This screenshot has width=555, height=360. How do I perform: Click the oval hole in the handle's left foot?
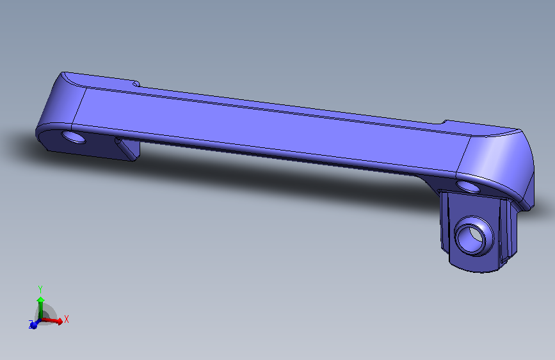point(74,137)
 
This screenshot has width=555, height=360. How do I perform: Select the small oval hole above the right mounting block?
point(468,186)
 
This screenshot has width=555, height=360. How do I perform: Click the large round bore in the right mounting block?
point(474,236)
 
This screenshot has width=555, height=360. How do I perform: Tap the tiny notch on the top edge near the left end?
point(136,84)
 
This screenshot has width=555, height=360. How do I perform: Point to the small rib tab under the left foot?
point(127,148)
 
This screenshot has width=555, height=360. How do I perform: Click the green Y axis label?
point(40,289)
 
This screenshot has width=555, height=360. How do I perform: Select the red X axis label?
point(66,319)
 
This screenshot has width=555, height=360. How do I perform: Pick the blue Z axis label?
point(31,323)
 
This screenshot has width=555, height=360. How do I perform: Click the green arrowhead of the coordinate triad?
point(41,300)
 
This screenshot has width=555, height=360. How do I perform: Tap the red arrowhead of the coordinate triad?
point(60,321)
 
